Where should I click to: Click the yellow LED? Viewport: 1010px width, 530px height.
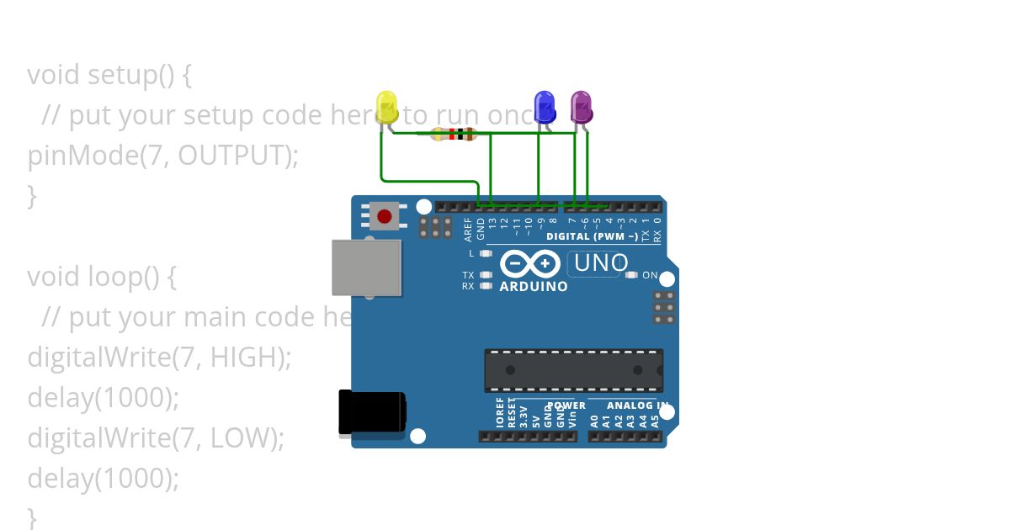(386, 107)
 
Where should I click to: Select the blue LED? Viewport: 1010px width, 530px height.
(545, 107)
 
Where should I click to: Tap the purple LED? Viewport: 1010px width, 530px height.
(581, 107)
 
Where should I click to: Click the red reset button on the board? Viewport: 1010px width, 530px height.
(385, 216)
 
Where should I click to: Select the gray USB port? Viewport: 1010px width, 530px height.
(366, 268)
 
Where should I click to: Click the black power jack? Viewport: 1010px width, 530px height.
(371, 413)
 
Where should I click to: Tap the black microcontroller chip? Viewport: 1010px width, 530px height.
(573, 370)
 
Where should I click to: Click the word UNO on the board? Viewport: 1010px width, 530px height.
(600, 263)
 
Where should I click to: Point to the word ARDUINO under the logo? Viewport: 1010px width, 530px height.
(534, 286)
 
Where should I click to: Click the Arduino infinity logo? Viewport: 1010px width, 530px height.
(529, 264)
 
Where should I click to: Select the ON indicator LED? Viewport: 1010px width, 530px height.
(631, 275)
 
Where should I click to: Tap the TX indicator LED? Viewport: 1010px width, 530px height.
(486, 275)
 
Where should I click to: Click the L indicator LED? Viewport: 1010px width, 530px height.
(486, 253)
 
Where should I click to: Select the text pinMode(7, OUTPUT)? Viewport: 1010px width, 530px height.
(162, 156)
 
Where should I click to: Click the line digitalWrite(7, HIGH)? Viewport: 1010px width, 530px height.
(159, 358)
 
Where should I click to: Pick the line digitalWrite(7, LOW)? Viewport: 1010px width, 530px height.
(156, 438)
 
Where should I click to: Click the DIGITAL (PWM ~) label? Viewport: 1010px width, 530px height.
(592, 236)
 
